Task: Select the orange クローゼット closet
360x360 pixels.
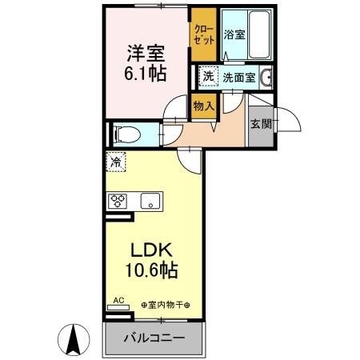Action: tap(202, 36)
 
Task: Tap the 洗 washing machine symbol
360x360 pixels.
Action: tap(207, 78)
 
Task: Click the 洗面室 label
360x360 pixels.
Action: tap(238, 78)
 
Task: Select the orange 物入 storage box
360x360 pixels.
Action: tap(203, 106)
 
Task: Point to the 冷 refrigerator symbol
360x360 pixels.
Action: tap(117, 162)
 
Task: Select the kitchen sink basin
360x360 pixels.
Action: tap(150, 201)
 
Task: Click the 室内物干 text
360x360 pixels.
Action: tap(166, 305)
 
